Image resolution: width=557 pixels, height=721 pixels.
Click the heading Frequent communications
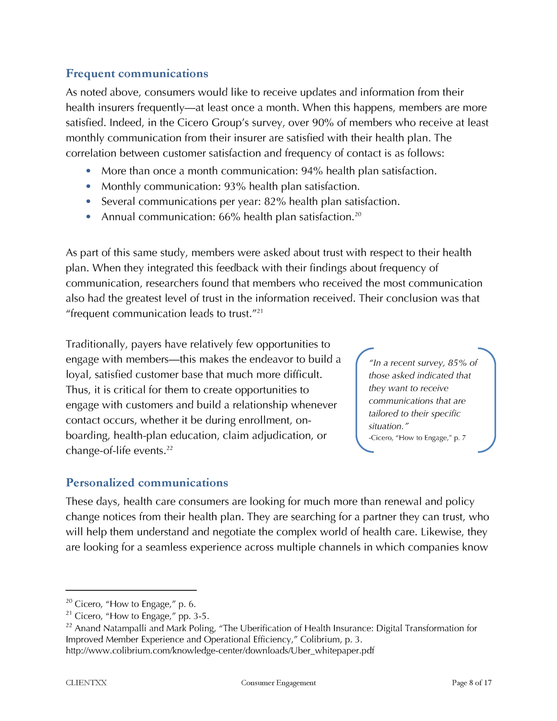tap(137, 73)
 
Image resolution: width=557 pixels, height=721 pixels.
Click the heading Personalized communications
tap(147, 483)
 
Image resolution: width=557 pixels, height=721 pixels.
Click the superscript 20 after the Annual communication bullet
tap(358, 214)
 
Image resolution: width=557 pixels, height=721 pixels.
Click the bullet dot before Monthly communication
tap(89, 186)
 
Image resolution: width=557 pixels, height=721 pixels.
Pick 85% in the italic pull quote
tap(458, 363)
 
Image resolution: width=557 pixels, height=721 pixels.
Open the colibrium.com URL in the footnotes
tap(220, 651)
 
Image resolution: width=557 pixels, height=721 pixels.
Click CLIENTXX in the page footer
tap(86, 683)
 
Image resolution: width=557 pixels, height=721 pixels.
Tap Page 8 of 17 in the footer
tap(472, 683)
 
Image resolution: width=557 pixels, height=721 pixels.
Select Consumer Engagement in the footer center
tap(278, 683)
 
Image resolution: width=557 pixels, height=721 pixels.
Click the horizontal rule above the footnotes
tap(131, 590)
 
